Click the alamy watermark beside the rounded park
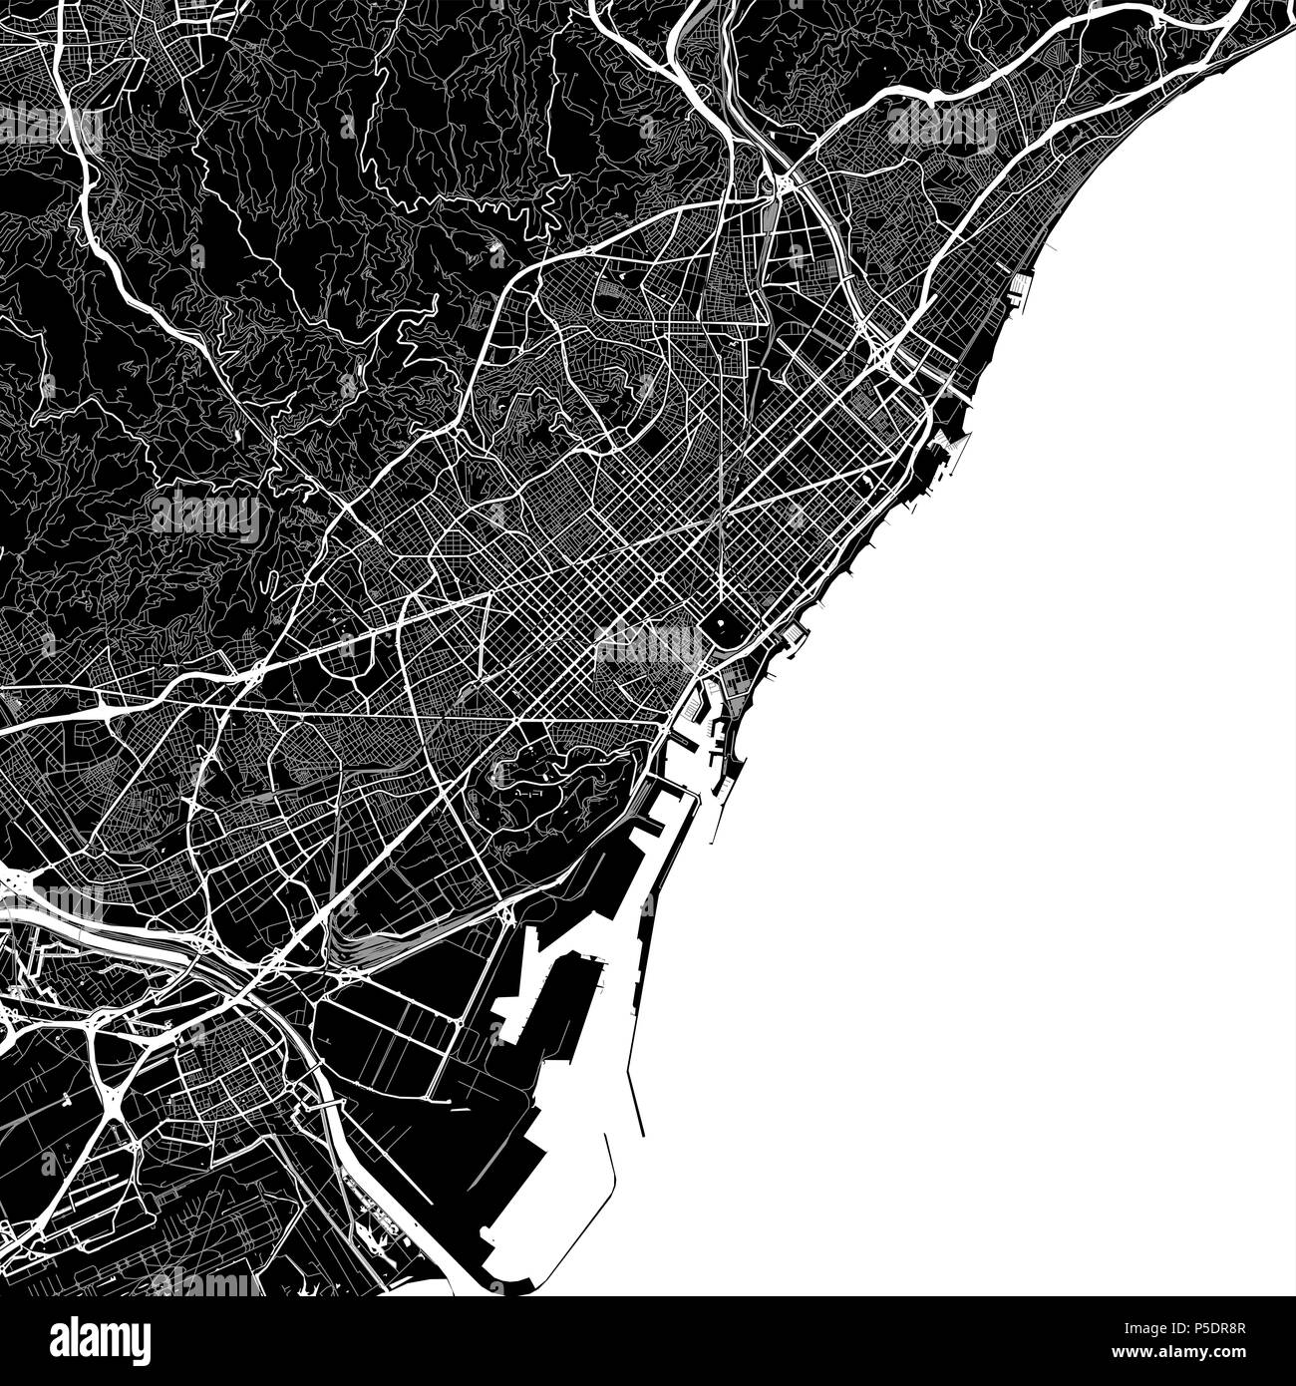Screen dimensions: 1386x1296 point(648,643)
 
